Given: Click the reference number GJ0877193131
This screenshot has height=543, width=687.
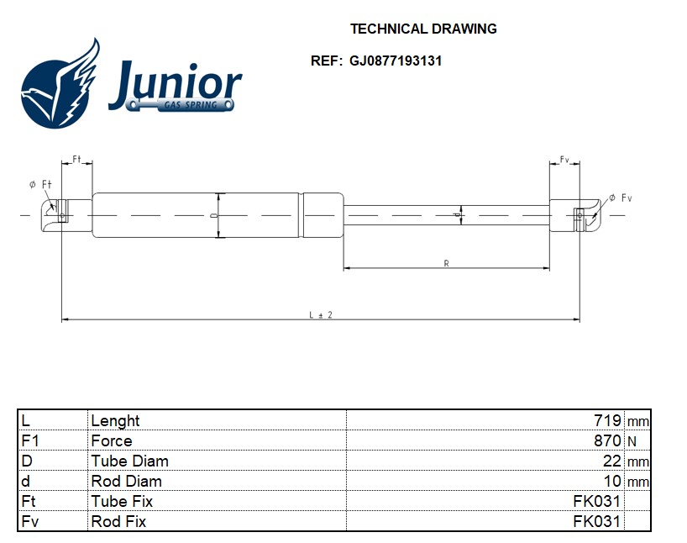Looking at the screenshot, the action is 396,61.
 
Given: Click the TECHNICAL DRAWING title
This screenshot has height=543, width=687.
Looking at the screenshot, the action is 423,29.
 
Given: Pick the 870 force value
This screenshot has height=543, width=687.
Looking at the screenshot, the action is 607,440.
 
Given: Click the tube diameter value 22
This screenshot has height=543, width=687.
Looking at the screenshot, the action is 612,461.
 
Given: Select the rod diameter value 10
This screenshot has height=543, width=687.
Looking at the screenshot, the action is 612,481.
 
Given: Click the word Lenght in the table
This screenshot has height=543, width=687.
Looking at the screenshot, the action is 115,421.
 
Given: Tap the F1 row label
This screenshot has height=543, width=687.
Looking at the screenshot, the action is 30,440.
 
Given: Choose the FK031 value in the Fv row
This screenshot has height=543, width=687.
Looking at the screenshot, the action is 597,521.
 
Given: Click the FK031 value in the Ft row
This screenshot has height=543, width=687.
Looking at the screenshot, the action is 597,501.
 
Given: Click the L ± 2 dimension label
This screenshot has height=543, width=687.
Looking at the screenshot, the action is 321,315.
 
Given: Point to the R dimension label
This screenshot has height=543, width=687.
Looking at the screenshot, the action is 446,263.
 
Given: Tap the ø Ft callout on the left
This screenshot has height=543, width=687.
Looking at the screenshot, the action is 40,185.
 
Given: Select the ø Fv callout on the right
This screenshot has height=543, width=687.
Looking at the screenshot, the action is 621,198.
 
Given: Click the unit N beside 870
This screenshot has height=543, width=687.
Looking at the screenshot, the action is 632,441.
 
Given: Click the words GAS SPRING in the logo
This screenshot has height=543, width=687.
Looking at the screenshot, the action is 191,105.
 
